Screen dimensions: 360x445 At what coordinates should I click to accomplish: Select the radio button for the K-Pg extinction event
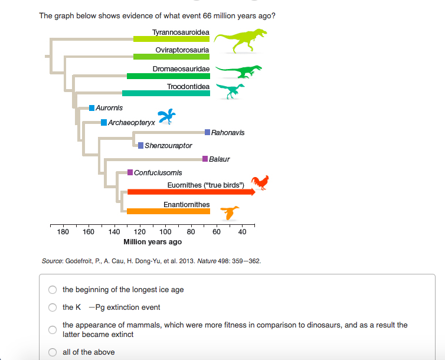click(x=53, y=307)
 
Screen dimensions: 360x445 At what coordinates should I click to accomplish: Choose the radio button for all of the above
click(x=53, y=352)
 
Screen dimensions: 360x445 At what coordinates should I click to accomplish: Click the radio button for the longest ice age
click(x=53, y=290)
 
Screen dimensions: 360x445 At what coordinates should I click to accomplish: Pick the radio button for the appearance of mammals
click(x=53, y=329)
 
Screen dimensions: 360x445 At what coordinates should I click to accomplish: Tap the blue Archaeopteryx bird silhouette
click(x=166, y=116)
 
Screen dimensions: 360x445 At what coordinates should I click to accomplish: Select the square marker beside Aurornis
click(x=91, y=108)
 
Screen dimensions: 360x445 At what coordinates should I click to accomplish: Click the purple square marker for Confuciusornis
click(x=130, y=172)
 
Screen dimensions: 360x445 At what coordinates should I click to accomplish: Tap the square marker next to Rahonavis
click(x=207, y=132)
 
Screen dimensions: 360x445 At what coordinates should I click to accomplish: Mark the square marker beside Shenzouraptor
click(x=140, y=145)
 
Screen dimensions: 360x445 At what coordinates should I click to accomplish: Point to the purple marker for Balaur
click(x=205, y=159)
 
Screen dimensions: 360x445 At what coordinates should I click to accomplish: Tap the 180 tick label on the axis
click(x=63, y=232)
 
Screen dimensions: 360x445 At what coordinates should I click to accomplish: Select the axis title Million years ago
click(x=152, y=242)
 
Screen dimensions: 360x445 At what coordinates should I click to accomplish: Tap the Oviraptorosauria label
click(x=182, y=50)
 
